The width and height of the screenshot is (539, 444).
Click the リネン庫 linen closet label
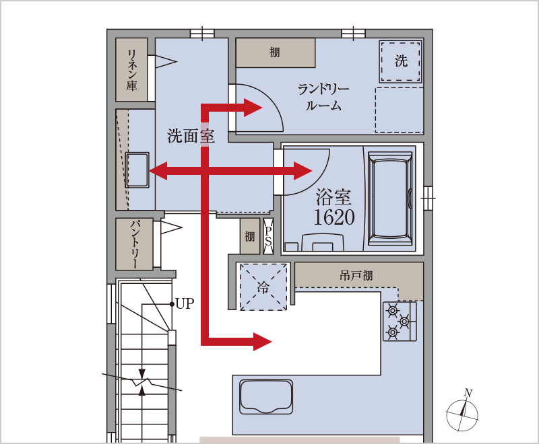pyautogui.click(x=132, y=70)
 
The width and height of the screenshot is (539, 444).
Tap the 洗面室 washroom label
pyautogui.click(x=191, y=136)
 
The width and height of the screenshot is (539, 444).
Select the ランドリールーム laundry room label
pyautogui.click(x=323, y=98)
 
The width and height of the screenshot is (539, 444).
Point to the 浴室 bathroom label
pyautogui.click(x=334, y=196)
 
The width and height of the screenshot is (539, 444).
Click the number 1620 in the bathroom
pyautogui.click(x=334, y=217)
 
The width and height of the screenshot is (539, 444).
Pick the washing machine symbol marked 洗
pyautogui.click(x=401, y=61)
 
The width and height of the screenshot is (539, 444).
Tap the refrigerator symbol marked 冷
pyautogui.click(x=263, y=287)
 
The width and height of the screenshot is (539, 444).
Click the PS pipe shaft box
pyautogui.click(x=268, y=236)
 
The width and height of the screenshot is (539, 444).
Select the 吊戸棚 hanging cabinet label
pyautogui.click(x=356, y=275)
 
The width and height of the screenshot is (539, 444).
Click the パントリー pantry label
pyautogui.click(x=135, y=244)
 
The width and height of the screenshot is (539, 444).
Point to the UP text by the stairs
pyautogui.click(x=185, y=303)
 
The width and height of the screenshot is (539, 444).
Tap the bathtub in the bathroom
pyautogui.click(x=390, y=198)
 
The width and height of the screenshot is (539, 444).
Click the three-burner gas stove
pyautogui.click(x=400, y=321)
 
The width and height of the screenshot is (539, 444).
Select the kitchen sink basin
pyautogui.click(x=266, y=397)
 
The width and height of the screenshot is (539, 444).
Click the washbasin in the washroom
pyautogui.click(x=137, y=170)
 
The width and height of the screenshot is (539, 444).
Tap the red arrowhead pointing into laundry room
pyautogui.click(x=253, y=108)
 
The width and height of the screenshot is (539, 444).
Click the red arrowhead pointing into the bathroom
pyautogui.click(x=303, y=171)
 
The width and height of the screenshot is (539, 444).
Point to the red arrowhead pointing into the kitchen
pyautogui.click(x=262, y=341)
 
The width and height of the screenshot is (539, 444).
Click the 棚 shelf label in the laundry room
pyautogui.click(x=274, y=52)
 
